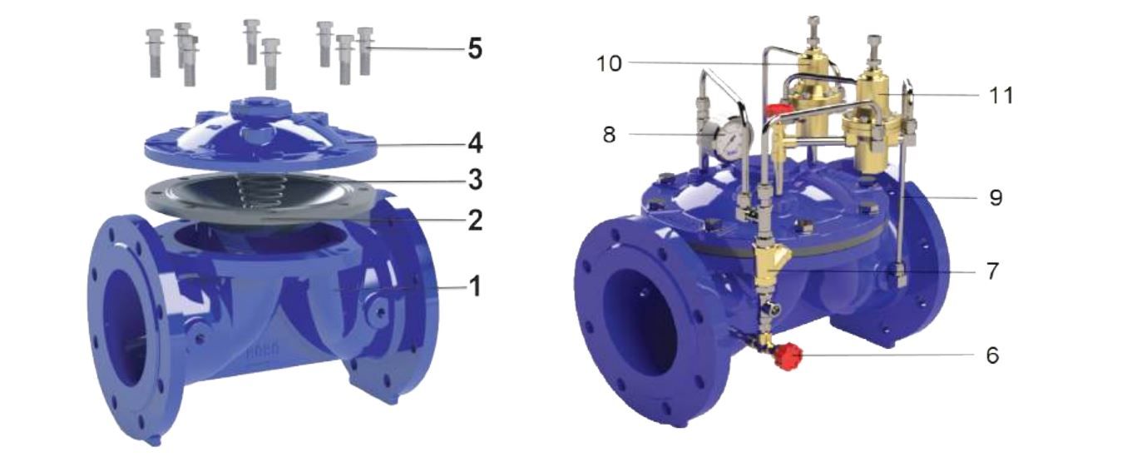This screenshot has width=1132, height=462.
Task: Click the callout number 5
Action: (x=475, y=48)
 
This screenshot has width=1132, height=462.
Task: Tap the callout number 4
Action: (x=475, y=143)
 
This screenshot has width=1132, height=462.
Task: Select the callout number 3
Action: (x=475, y=180)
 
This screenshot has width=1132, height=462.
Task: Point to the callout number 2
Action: (x=475, y=220)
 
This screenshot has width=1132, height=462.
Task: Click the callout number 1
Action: (x=475, y=286)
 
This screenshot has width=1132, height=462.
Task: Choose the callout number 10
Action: (x=609, y=64)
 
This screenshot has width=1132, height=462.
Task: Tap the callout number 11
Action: (x=1001, y=95)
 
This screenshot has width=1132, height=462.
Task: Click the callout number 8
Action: (x=610, y=135)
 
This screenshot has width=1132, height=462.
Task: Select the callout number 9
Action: (x=996, y=197)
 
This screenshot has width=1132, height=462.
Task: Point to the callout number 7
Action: (x=992, y=271)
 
